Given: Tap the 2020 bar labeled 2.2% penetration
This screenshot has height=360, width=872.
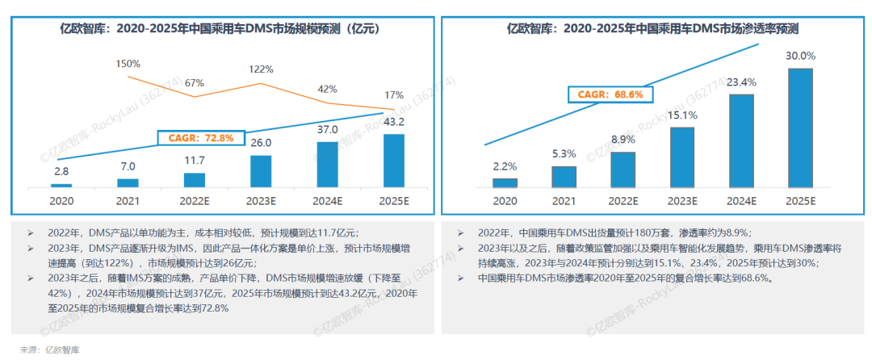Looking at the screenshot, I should click(x=505, y=183).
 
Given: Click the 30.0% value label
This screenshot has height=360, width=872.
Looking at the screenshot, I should click(x=800, y=57).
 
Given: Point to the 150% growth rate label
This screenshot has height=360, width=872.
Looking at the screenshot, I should click(x=128, y=63).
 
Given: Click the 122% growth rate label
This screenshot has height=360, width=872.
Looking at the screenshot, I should click(x=261, y=69).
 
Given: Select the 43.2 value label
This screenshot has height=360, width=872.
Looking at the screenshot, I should click(x=393, y=122).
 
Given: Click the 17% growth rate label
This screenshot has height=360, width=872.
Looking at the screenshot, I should click(x=394, y=94).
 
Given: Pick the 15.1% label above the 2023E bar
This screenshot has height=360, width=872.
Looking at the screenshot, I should click(x=682, y=115).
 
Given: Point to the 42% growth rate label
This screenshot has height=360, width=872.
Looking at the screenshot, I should click(x=327, y=89).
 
